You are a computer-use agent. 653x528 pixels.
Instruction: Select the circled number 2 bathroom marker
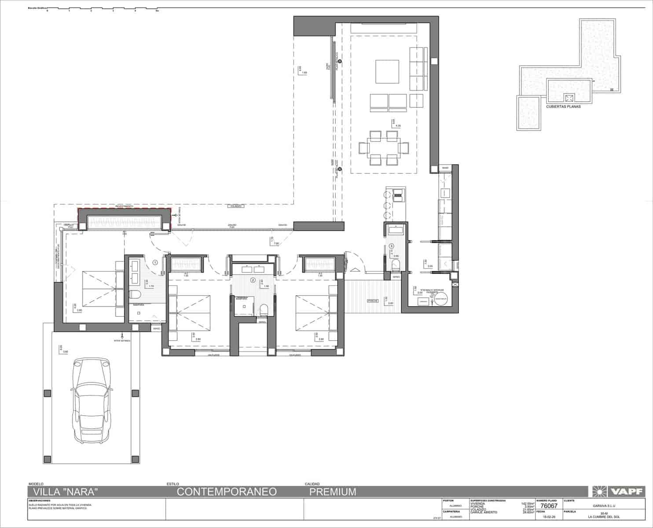click(253, 280)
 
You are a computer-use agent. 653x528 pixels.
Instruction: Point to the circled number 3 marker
click(390, 246)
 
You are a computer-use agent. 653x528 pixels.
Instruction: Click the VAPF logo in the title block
click(620, 491)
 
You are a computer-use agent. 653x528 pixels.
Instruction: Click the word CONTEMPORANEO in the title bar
click(227, 491)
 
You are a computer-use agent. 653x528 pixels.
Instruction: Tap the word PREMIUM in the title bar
click(333, 491)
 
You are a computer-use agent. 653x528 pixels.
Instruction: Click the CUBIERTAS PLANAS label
click(563, 106)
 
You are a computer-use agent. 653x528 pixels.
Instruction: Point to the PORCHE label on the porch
click(373, 301)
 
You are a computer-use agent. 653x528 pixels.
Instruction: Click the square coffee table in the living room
click(387, 72)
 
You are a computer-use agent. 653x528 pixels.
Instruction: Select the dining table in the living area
click(379, 147)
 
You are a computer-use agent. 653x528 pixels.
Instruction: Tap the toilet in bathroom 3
click(395, 265)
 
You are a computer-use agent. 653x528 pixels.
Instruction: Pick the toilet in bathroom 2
click(264, 309)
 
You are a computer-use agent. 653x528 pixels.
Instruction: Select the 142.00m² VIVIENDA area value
click(528, 503)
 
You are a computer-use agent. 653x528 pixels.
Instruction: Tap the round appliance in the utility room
click(441, 300)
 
